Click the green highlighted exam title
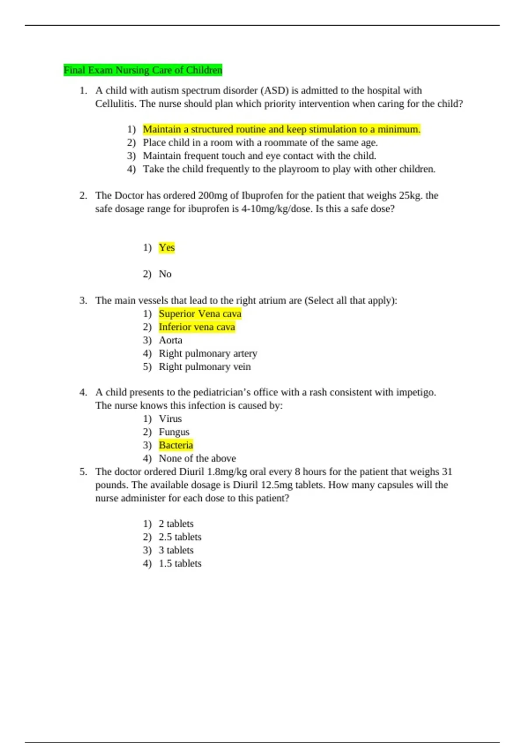tap(143, 70)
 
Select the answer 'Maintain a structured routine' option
tap(281, 129)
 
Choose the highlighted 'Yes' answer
tap(167, 247)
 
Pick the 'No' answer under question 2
tap(165, 274)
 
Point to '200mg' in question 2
tap(212, 195)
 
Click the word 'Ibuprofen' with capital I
tap(262, 195)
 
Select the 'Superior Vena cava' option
tap(200, 314)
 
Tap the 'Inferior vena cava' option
tap(197, 327)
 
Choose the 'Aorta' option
tap(170, 340)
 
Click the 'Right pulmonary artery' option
tap(208, 353)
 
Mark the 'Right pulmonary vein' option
tap(205, 367)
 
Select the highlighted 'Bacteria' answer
tap(176, 445)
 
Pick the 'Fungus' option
tap(174, 432)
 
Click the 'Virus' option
tap(170, 419)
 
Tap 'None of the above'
tap(197, 458)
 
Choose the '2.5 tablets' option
tap(180, 537)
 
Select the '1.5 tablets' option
tap(180, 563)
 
